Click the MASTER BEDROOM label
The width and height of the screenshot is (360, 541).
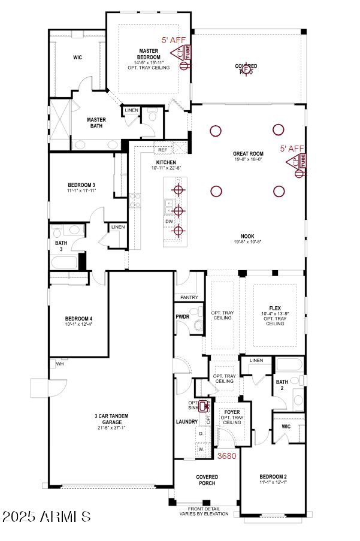click(149, 54)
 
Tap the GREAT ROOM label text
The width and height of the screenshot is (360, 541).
click(248, 154)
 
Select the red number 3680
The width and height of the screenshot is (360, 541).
click(226, 456)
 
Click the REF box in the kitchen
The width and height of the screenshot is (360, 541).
click(162, 150)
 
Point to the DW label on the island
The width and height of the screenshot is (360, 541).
click(169, 221)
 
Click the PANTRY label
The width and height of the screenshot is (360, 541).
click(189, 297)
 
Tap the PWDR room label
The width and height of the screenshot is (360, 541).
click(183, 316)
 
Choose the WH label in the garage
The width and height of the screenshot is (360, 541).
click(60, 364)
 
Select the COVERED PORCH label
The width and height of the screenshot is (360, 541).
click(207, 480)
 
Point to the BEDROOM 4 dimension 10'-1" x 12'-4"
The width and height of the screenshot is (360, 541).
click(78, 324)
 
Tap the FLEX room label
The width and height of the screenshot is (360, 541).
click(275, 307)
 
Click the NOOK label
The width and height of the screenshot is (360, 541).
click(248, 235)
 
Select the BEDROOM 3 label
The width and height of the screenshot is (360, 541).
click(81, 184)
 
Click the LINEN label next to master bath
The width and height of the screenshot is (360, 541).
click(131, 110)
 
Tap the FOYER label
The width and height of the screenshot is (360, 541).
click(232, 413)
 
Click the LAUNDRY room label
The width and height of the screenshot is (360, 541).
click(187, 422)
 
